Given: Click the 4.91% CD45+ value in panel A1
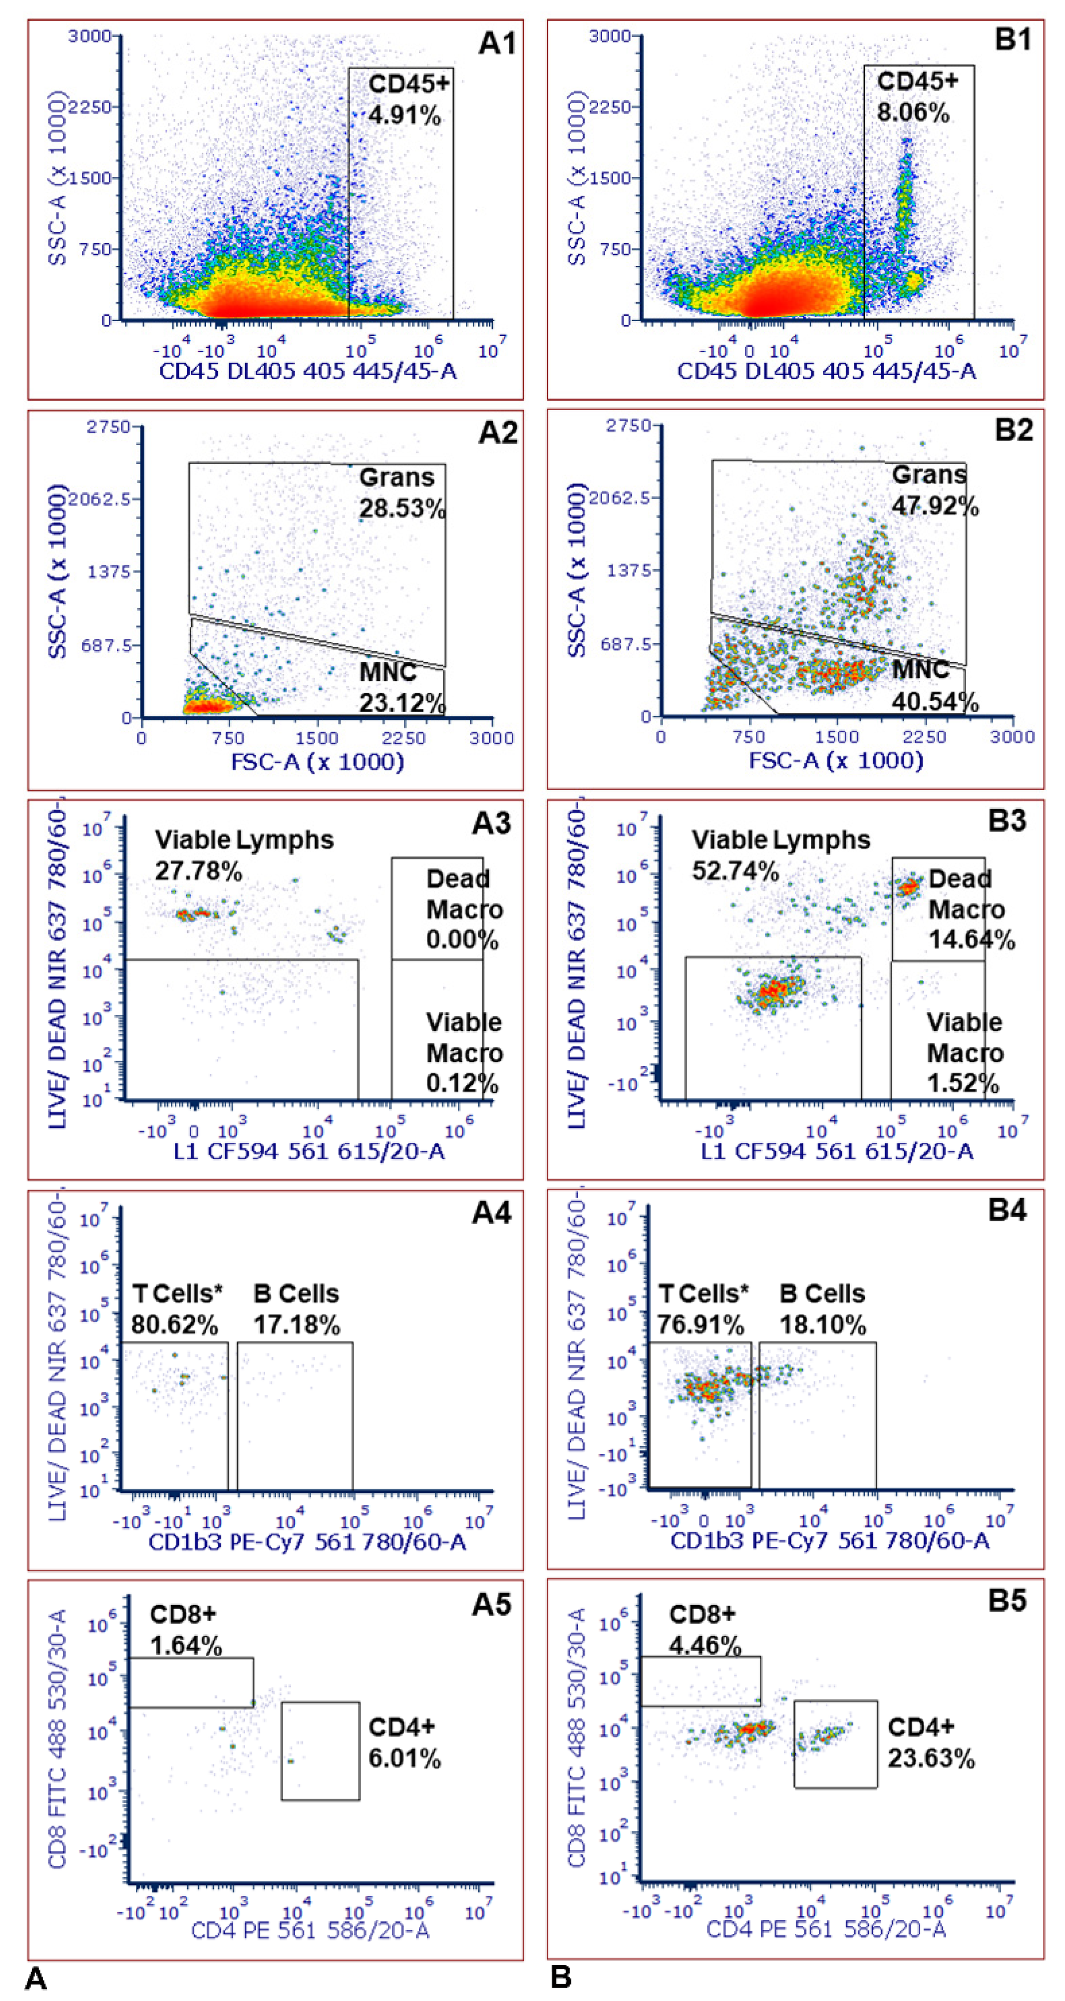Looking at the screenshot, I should click(x=404, y=116).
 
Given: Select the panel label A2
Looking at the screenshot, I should click(x=496, y=432).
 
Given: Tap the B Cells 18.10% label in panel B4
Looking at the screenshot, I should click(x=822, y=1310).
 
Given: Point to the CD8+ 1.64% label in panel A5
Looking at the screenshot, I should click(x=186, y=1629).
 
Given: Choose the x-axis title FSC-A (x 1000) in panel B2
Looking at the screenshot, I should click(x=836, y=760).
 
